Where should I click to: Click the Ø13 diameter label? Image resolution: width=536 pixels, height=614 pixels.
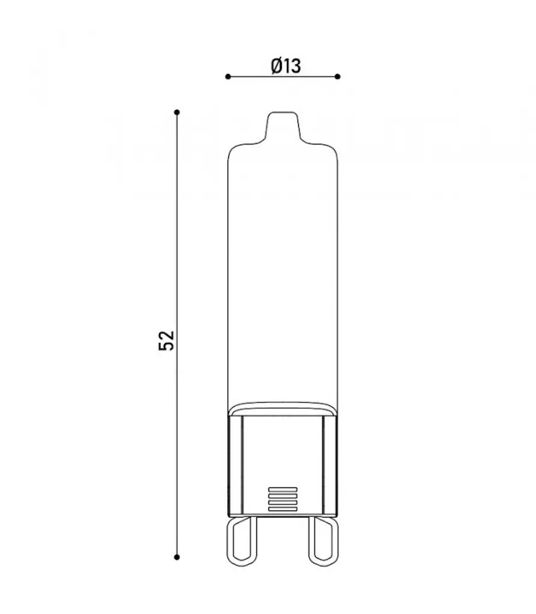[x=286, y=66]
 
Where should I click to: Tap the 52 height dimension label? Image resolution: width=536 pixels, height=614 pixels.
[x=166, y=341]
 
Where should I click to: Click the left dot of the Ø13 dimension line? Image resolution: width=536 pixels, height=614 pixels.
[x=228, y=76]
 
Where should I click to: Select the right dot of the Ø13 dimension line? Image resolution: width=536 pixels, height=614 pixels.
[x=337, y=76]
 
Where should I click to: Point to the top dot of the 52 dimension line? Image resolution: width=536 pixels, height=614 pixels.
[x=177, y=112]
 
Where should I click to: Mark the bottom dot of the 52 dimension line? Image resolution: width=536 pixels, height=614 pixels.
[x=177, y=557]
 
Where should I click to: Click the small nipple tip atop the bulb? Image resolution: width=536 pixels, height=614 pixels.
[x=283, y=125]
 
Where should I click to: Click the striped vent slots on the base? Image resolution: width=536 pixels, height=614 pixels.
[x=283, y=499]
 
